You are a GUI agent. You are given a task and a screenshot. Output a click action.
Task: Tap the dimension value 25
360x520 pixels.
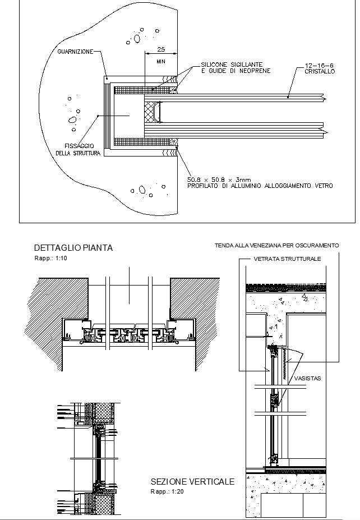point(161,49)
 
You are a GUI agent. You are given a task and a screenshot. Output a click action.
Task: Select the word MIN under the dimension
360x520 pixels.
point(161,61)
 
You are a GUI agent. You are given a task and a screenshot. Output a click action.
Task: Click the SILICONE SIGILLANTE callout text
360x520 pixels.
point(231,65)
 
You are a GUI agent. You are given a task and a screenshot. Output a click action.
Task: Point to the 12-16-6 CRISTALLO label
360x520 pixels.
point(320,68)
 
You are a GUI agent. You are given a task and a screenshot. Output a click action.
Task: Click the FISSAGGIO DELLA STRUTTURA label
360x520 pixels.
point(78,149)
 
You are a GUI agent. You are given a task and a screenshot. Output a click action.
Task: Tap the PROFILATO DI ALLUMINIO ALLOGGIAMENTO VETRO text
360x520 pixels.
point(260,186)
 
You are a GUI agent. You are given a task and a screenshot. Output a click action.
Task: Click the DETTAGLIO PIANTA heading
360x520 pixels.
point(73,247)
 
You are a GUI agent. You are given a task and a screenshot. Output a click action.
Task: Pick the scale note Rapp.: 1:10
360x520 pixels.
point(50,258)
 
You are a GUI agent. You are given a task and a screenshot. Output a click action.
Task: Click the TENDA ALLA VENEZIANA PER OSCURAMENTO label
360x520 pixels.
point(276,246)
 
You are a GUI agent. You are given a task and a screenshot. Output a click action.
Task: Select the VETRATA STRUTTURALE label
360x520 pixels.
point(287,259)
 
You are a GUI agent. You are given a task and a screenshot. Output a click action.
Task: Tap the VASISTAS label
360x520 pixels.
point(307,379)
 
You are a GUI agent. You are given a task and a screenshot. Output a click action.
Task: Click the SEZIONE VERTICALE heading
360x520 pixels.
point(192,482)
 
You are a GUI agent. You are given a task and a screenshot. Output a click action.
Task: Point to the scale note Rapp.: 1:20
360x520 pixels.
point(167,491)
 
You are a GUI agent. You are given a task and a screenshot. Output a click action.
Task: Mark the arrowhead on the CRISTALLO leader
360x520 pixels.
point(288,97)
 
